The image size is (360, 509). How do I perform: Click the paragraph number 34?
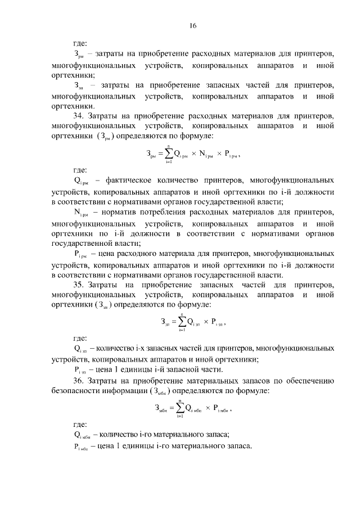coord(79,116)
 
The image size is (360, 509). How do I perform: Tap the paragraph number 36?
coord(79,381)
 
